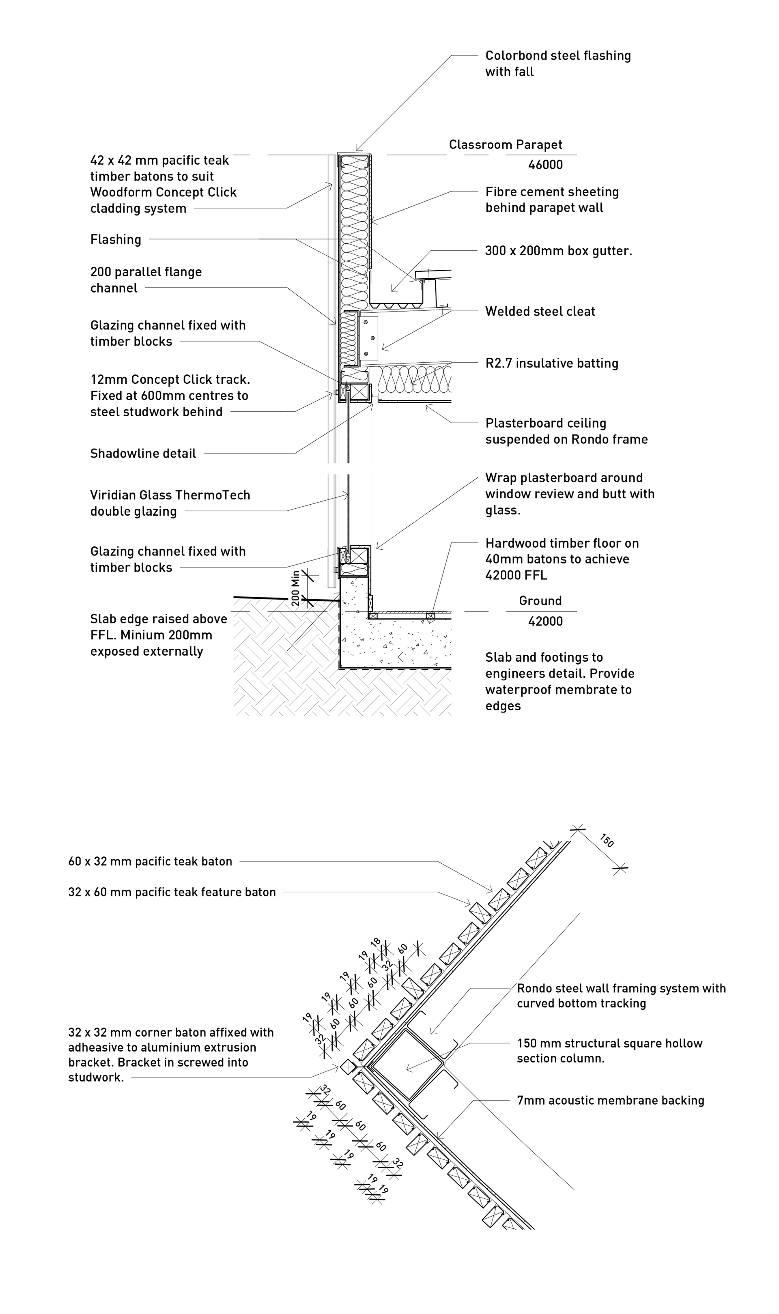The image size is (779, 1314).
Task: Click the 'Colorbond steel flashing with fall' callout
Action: pos(557,64)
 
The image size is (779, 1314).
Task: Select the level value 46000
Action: pos(545,165)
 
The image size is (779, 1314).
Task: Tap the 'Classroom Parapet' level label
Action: pos(505,145)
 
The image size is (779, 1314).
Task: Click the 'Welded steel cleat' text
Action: pos(540,311)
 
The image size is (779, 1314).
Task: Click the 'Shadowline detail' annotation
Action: pos(143,454)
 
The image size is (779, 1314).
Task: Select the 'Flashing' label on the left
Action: pos(116,240)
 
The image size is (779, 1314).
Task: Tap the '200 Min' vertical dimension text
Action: pos(295,588)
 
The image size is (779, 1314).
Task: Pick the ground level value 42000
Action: pos(545,622)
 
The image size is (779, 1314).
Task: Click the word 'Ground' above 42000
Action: pos(540,601)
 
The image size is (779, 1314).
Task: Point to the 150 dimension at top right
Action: pos(606,841)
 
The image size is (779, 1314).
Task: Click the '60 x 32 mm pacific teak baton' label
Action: pos(150,861)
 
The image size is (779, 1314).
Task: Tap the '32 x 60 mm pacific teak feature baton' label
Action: pos(172,892)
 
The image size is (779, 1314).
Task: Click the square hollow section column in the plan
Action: pos(407,1065)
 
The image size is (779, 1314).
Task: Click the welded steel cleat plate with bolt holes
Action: pos(370,334)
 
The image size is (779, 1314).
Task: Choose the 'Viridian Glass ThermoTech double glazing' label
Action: pos(170,503)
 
